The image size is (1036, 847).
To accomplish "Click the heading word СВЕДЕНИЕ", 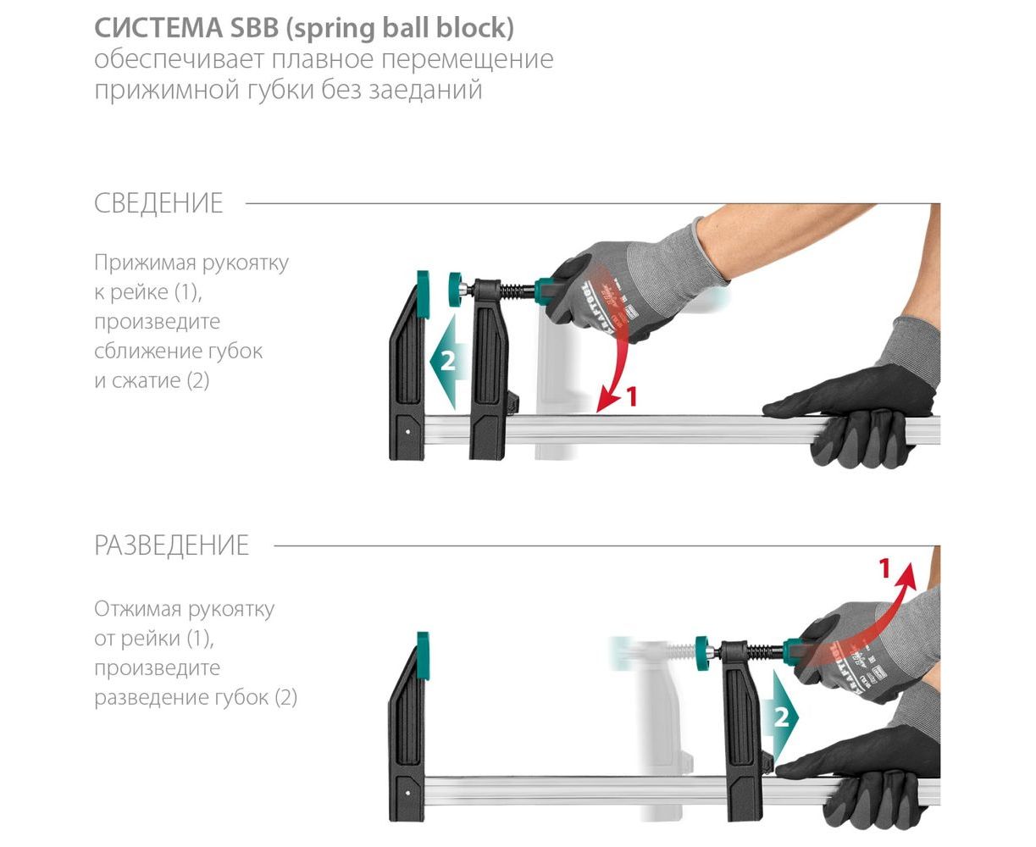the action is coord(158,203).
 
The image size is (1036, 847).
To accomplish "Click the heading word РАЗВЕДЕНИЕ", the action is coord(171,545).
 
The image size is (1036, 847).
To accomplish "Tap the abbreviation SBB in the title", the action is coord(254,27).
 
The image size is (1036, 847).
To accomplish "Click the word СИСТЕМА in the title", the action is coord(158,27).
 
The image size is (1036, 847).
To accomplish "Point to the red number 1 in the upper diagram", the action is coord(632,397).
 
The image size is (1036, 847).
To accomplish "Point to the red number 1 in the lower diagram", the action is coord(884,569).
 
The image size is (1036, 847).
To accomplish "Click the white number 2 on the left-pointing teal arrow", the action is coord(447,362).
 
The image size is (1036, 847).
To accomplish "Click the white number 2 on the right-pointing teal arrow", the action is coord(782,717).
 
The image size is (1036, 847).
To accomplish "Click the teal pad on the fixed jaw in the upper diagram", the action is coord(423,294).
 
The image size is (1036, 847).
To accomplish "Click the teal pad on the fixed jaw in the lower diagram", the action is coord(423,656).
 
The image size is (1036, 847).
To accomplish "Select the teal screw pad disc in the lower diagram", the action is coord(703,652).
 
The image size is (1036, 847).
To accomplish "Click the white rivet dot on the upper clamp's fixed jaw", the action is coord(408,432).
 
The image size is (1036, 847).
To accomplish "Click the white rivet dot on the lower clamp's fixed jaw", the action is coord(407,793).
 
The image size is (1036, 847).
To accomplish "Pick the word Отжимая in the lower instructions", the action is coord(138,609).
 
